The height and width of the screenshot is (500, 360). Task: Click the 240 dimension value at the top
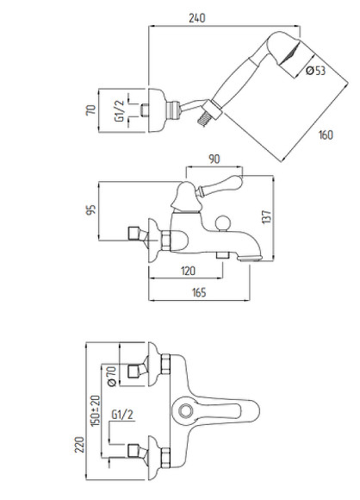click(x=197, y=18)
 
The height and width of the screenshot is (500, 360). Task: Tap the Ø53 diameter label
click(x=316, y=70)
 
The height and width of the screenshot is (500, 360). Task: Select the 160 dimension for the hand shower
click(x=326, y=134)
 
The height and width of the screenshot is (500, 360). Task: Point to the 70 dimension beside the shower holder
click(x=91, y=110)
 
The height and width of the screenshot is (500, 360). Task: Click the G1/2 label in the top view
click(x=119, y=110)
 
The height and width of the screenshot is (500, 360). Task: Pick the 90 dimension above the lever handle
click(x=214, y=159)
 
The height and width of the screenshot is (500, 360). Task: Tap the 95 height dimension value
click(x=91, y=209)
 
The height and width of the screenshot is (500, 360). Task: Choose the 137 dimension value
click(x=267, y=217)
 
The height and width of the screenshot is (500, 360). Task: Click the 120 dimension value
click(x=188, y=271)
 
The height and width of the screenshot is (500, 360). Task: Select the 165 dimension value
click(x=199, y=292)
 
